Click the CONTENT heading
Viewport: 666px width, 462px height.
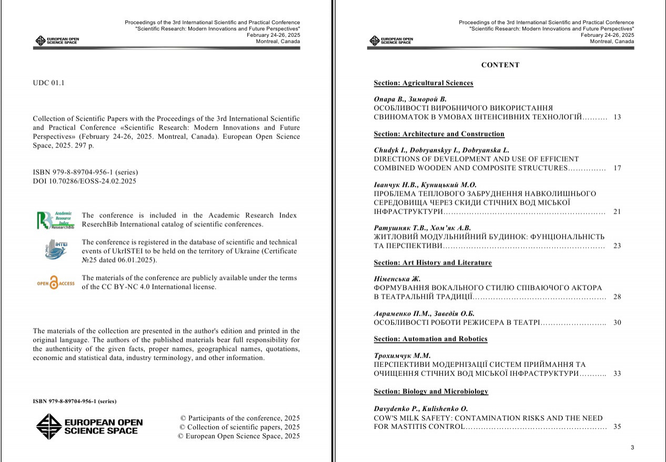(500, 65)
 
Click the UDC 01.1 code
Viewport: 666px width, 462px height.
(48, 83)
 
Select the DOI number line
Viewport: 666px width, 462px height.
(84, 181)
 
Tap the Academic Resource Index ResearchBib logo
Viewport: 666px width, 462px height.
(55, 220)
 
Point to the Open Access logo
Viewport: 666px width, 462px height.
(55, 283)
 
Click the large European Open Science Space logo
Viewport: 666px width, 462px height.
(89, 426)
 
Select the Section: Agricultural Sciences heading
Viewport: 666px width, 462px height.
(423, 83)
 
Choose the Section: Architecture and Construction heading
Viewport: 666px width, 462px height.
(439, 134)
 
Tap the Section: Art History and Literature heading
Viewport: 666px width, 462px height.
(432, 263)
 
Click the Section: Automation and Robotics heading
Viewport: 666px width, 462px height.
(430, 339)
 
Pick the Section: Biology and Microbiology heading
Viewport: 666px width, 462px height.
(431, 391)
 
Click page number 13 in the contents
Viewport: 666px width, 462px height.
(617, 117)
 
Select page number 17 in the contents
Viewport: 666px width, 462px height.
(617, 168)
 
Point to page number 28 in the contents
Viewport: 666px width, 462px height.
(617, 297)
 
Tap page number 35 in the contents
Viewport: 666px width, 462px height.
(617, 427)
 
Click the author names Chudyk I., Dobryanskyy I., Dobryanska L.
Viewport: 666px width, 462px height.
(441, 150)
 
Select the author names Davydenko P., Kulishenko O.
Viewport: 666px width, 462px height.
(420, 408)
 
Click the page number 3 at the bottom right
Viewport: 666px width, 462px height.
(632, 448)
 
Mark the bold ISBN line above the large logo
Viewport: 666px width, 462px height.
(74, 401)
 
